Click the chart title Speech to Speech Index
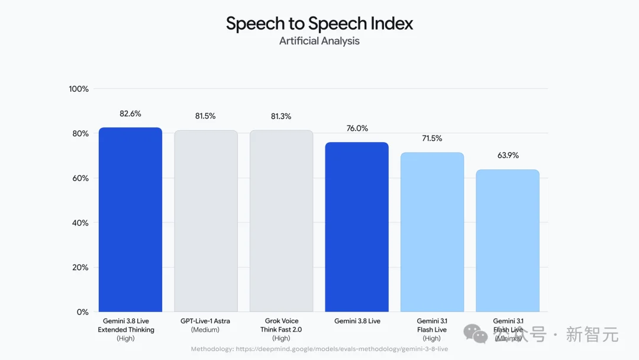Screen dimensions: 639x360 (319, 24)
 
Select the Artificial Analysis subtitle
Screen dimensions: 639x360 (319, 41)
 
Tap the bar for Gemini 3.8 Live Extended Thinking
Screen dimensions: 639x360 (130, 220)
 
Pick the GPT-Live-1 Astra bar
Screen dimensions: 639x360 (206, 221)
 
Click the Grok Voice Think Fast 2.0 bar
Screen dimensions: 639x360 (282, 221)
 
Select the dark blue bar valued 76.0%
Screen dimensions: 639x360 (357, 227)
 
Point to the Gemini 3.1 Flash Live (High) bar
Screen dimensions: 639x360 (432, 232)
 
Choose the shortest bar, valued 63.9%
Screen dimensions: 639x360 (508, 240)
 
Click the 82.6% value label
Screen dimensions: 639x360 (130, 114)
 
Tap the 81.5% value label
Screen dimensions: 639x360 (205, 116)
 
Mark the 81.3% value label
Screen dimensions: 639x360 (281, 117)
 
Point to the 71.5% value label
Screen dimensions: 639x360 (432, 139)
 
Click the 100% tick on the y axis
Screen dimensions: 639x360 (79, 89)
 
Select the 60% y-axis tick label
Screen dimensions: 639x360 (80, 178)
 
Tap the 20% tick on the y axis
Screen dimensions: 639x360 (80, 268)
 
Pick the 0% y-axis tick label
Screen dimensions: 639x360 (83, 312)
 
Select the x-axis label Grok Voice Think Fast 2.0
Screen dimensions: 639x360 (281, 329)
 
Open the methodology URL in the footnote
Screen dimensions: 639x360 (342, 349)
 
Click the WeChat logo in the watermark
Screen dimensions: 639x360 (475, 334)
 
